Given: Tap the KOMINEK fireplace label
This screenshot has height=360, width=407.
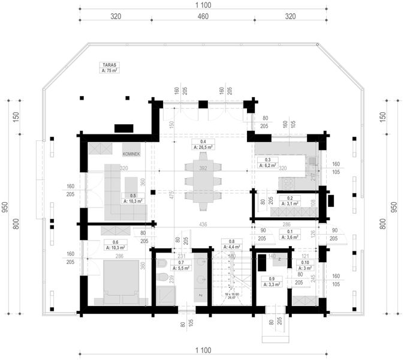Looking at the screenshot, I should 131,154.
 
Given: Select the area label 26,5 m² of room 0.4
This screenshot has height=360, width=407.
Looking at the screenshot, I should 203,146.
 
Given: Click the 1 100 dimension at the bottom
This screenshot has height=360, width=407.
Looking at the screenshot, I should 203,350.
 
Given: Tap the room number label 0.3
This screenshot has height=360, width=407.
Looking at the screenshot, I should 260,160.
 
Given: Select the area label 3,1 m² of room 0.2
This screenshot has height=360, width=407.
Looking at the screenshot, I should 290,205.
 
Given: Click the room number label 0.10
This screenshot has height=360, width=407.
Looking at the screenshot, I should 305,263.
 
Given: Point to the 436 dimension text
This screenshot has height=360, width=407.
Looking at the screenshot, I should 203,224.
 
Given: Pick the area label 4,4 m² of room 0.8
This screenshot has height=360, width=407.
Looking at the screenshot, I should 233,247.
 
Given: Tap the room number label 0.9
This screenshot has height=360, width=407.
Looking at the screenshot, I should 272,279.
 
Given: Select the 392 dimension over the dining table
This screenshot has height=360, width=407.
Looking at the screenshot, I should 203,169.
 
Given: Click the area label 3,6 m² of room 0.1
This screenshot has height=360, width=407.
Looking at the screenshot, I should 290,238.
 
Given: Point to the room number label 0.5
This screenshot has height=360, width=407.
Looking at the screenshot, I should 133,196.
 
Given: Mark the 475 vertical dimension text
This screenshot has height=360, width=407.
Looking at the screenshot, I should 171,196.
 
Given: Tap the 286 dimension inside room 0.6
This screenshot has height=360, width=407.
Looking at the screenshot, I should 119,257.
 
